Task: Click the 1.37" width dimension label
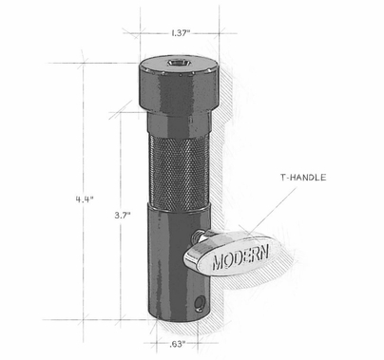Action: [181, 33]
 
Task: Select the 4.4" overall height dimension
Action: [85, 199]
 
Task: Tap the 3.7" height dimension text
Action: [123, 216]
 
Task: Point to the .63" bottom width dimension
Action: [177, 345]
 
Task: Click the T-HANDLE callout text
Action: [303, 178]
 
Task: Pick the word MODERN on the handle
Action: [241, 256]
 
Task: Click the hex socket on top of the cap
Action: [178, 64]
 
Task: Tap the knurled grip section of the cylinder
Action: [179, 171]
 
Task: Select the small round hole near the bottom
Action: [200, 303]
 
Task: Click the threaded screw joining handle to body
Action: [196, 237]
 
